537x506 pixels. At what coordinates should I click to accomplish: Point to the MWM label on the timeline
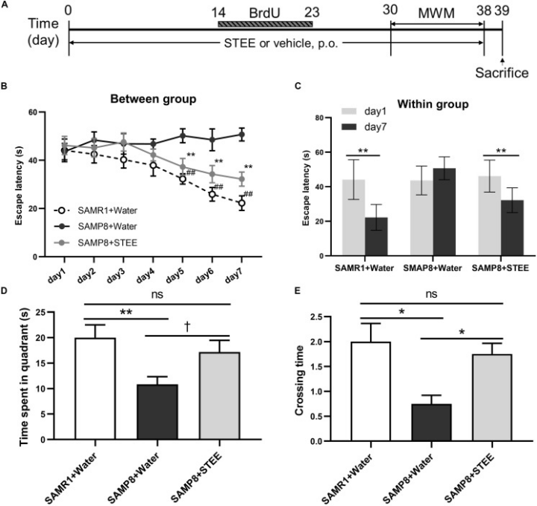437,14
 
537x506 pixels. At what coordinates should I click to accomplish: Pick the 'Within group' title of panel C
427,104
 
